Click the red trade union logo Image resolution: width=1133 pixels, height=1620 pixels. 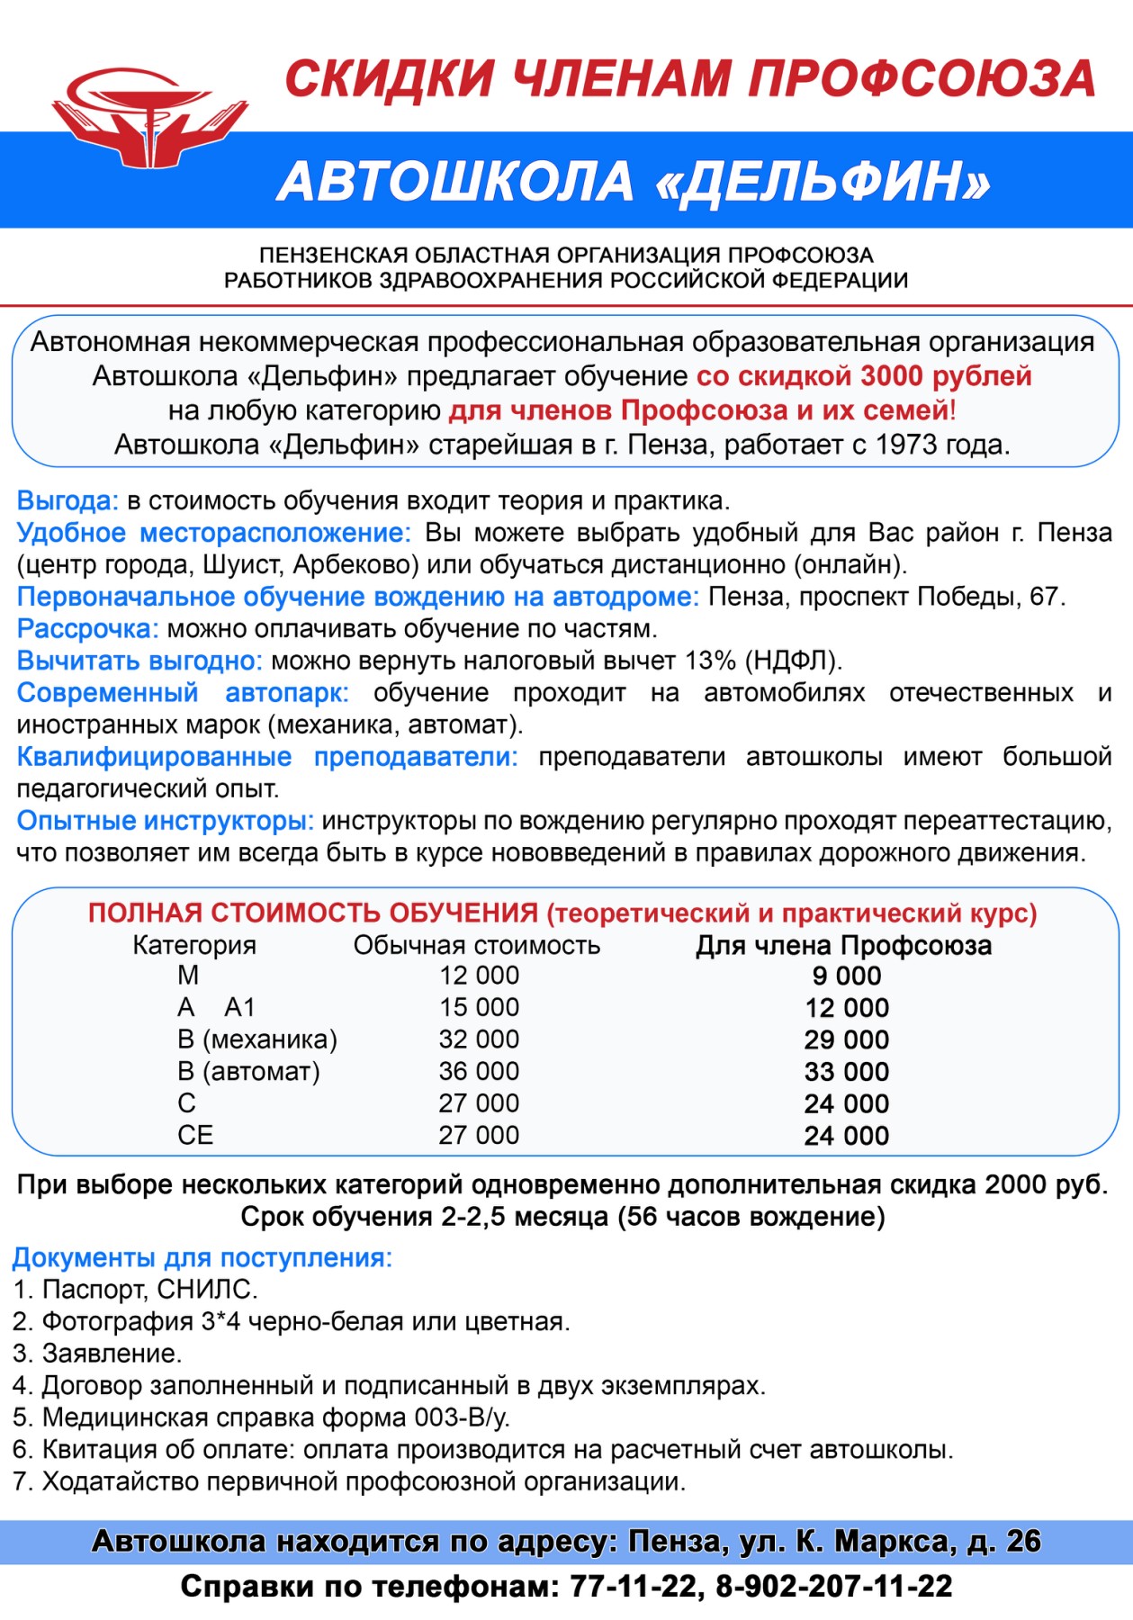(x=148, y=118)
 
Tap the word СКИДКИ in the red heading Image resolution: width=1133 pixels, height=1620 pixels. (x=390, y=78)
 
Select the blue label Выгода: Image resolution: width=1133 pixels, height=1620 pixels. (x=67, y=500)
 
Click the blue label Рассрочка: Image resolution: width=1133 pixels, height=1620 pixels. (x=87, y=628)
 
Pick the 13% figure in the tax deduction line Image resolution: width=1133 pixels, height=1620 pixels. (x=710, y=661)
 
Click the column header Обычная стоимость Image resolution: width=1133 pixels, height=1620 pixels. (x=476, y=945)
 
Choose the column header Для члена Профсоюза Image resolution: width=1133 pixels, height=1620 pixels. (x=843, y=945)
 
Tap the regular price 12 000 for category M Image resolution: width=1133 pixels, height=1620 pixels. (x=479, y=976)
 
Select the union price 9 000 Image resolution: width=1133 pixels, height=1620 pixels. (x=846, y=976)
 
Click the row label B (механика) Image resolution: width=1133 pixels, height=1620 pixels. (x=256, y=1039)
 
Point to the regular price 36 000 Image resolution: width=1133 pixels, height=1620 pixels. (x=479, y=1071)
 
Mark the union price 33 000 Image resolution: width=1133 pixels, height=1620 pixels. (x=846, y=1072)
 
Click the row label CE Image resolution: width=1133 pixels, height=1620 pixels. (x=195, y=1136)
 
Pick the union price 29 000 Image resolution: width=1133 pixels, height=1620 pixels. (x=846, y=1039)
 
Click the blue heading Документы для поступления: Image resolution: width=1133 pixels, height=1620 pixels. (x=202, y=1257)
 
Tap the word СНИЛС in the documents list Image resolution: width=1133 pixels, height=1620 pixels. (x=207, y=1290)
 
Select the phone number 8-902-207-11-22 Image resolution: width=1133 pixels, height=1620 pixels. (x=833, y=1586)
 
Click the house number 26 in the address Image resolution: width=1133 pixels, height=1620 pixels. (x=1023, y=1542)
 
